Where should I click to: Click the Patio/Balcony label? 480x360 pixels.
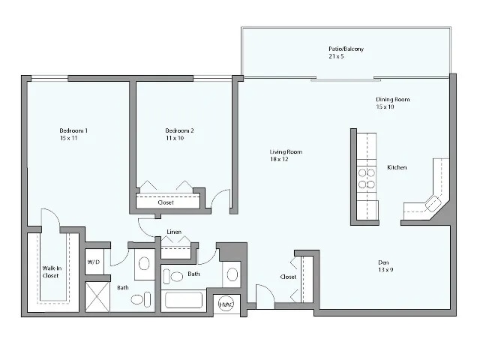(x=346, y=49)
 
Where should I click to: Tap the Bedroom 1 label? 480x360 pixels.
(x=73, y=131)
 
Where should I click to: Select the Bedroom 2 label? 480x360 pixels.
(x=179, y=131)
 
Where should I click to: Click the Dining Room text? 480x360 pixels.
(x=392, y=100)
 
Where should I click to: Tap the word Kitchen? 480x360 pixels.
(x=397, y=167)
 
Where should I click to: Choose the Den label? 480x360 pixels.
(x=382, y=262)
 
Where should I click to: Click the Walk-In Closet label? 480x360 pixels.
(x=51, y=271)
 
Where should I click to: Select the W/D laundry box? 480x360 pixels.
(x=94, y=262)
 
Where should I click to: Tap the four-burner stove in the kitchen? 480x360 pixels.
(x=366, y=177)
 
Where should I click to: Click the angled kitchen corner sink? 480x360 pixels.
(x=433, y=202)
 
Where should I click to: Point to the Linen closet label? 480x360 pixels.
(x=174, y=231)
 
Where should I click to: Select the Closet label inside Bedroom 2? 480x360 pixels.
(x=166, y=202)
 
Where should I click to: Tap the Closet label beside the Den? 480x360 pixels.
(x=288, y=277)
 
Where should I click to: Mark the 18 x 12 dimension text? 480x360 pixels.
(x=280, y=159)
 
